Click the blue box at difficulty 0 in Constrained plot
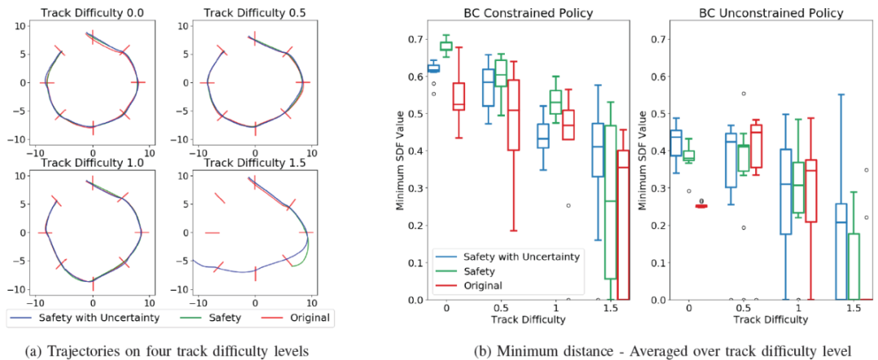[433, 68]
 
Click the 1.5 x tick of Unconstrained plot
[852, 310]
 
